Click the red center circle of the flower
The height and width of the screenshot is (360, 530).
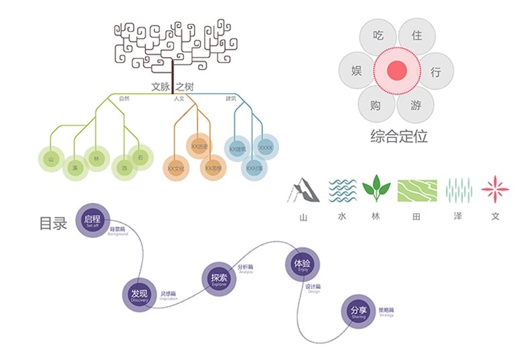(x=396, y=70)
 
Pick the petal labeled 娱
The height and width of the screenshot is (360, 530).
(x=357, y=70)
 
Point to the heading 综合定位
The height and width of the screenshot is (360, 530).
(x=399, y=136)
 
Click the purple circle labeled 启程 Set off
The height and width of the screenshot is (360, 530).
(x=93, y=221)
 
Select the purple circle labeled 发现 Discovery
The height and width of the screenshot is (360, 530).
(x=140, y=296)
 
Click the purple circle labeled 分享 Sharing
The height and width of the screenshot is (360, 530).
(x=358, y=312)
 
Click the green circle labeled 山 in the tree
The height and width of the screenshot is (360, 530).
(x=51, y=160)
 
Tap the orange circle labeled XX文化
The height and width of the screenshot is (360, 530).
(x=176, y=168)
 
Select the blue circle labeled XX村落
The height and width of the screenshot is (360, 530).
(x=254, y=168)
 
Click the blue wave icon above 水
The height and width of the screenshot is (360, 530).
(x=342, y=190)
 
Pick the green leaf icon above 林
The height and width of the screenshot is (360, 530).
(x=376, y=188)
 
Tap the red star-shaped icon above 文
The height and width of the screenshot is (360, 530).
(x=495, y=190)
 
